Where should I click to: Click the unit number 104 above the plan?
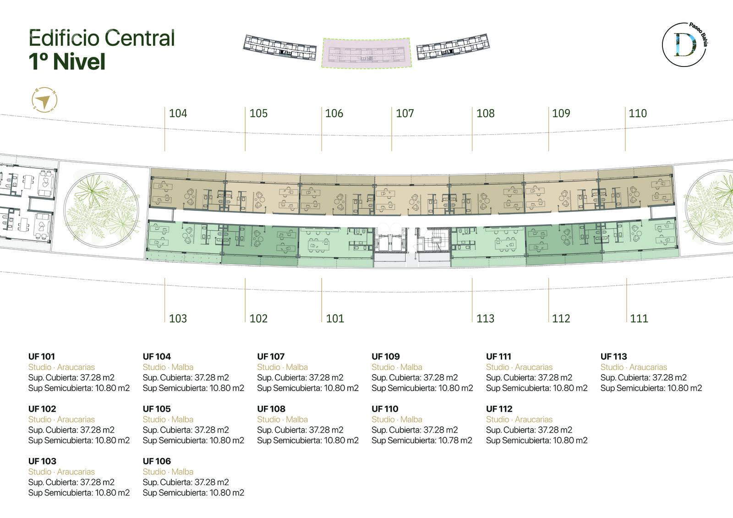point(178,113)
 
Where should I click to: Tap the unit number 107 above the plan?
point(405,113)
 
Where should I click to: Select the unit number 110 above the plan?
point(637,113)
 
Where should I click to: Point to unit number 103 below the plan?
point(178,318)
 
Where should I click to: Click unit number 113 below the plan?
point(485,318)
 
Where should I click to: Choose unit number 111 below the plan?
point(639,318)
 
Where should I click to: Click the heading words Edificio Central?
point(102,38)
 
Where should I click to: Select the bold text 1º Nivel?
point(67,61)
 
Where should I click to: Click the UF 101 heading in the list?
point(42,356)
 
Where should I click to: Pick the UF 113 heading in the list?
point(613,356)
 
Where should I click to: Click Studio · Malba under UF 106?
point(168,472)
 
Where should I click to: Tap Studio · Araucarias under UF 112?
point(520,419)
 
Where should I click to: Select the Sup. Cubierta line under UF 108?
point(300,430)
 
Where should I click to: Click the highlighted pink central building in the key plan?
point(366,53)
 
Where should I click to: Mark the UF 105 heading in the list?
point(157,408)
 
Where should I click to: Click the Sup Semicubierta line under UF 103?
point(79,493)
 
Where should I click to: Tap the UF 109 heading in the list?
point(385,356)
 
